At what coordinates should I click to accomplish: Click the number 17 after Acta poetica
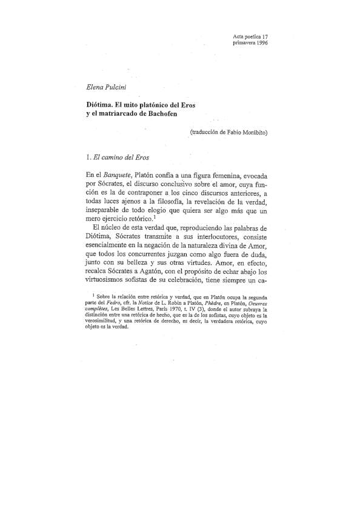coord(264,36)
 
